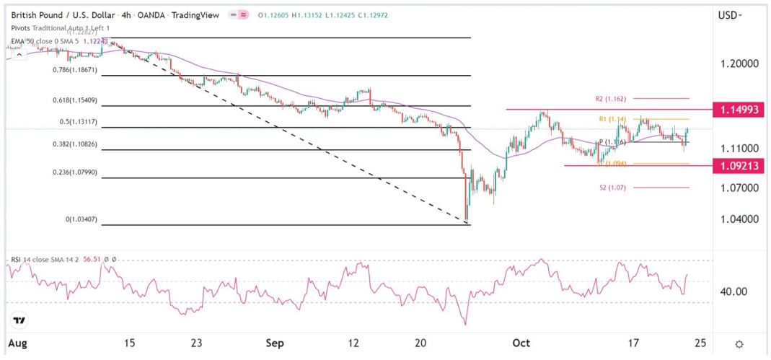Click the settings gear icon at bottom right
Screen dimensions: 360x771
pyautogui.click(x=739, y=344)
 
